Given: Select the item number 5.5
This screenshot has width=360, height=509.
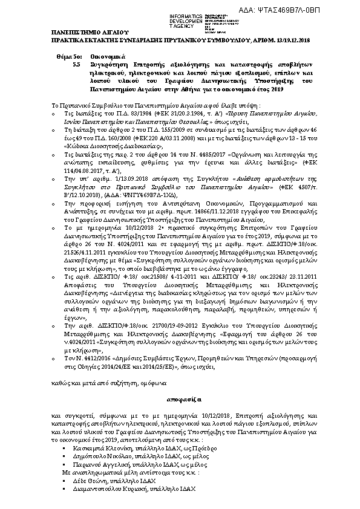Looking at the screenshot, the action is (76, 63).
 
